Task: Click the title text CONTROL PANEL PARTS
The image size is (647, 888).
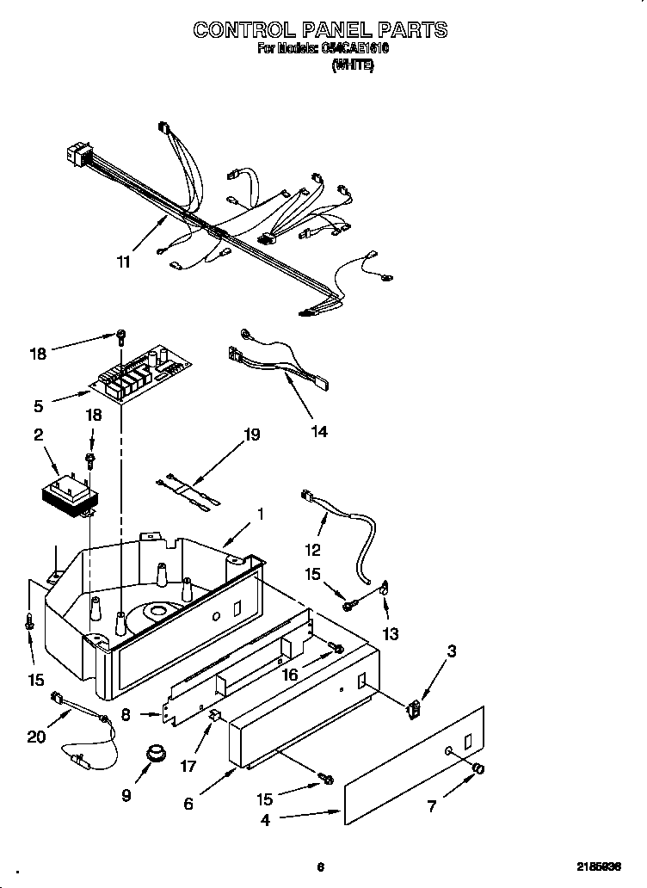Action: click(320, 29)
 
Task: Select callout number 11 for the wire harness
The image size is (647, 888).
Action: click(124, 262)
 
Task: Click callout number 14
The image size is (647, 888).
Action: click(318, 431)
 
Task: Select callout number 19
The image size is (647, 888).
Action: click(251, 435)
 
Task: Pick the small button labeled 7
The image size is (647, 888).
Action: click(479, 768)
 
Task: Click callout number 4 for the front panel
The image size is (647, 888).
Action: click(265, 820)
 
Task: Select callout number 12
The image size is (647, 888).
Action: click(311, 550)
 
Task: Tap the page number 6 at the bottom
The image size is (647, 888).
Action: click(320, 866)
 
